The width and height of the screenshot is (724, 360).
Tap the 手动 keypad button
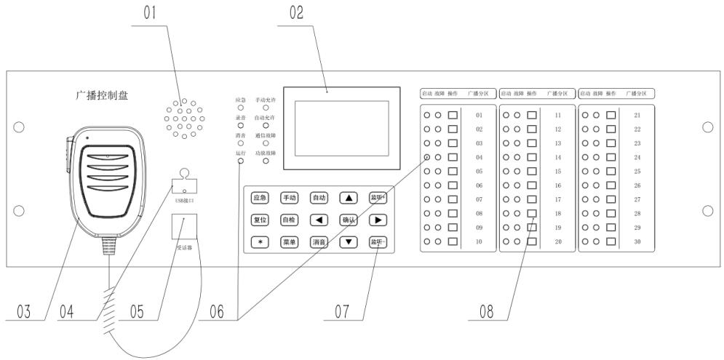point(289,197)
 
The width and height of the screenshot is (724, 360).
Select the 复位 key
point(259,219)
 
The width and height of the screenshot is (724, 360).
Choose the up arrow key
point(349,197)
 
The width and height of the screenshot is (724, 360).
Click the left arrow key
point(319,219)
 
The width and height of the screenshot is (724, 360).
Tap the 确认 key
point(349,219)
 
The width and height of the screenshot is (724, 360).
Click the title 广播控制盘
point(102,95)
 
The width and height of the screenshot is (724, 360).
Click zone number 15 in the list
point(557,171)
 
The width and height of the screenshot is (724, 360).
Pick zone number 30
point(637,241)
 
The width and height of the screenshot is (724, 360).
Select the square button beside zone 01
point(452,115)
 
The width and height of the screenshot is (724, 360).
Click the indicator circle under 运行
point(241,161)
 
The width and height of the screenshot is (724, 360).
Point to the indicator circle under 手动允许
point(266,108)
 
